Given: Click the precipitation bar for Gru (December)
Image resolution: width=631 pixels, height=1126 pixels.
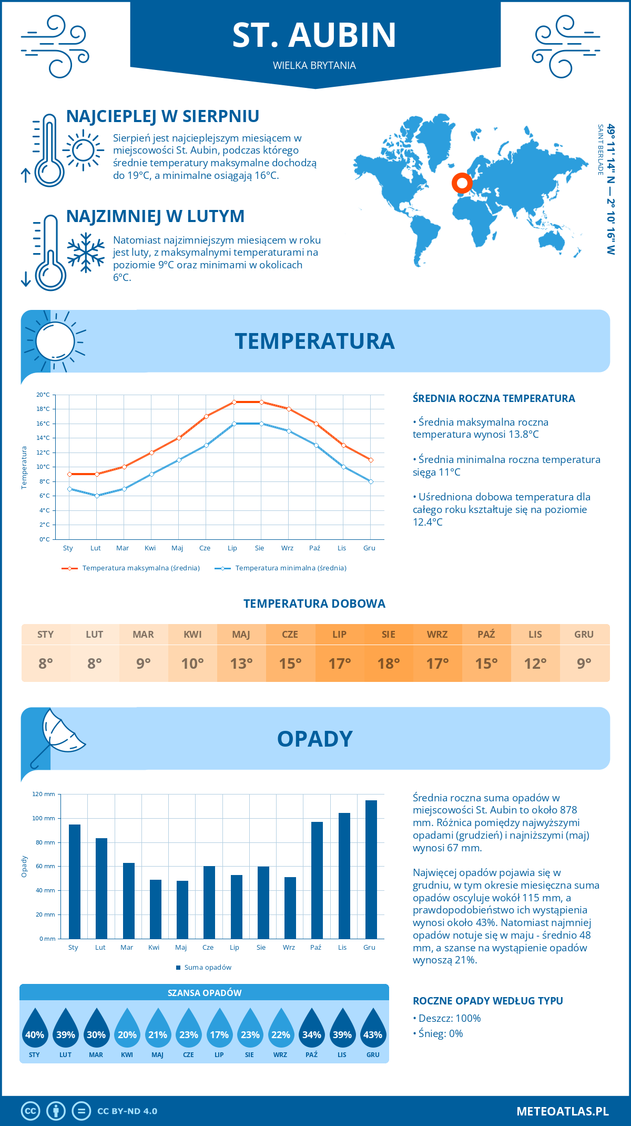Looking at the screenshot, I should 371,869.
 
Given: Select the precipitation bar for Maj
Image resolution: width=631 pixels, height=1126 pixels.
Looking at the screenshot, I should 182,909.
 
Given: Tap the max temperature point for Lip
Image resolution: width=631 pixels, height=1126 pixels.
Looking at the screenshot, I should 234,402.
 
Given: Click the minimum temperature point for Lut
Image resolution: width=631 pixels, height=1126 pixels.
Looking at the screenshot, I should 97,496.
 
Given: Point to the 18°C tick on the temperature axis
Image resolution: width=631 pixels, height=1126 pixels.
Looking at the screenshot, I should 44,409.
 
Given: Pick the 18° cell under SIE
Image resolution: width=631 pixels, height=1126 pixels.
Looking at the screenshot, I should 388,663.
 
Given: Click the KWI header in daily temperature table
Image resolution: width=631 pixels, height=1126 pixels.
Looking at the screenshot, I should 192,634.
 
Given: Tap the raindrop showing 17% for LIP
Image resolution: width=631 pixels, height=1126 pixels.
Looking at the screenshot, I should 219,1029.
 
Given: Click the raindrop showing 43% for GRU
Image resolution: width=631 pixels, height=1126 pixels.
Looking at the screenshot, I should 373,1029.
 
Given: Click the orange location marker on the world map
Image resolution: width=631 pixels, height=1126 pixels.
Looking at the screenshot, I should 462,183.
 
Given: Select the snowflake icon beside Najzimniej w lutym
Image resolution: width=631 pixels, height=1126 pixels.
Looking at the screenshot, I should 86,253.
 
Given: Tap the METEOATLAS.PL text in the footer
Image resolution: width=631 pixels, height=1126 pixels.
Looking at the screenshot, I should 562,1111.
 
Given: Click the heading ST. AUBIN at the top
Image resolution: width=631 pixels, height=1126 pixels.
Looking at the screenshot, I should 314,35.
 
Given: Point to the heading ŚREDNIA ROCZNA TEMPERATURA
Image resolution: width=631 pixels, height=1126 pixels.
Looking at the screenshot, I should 494,398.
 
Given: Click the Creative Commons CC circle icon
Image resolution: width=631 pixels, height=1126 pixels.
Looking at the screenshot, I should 30,1111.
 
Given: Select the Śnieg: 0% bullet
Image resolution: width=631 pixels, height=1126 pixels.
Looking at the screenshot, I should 439,1033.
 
